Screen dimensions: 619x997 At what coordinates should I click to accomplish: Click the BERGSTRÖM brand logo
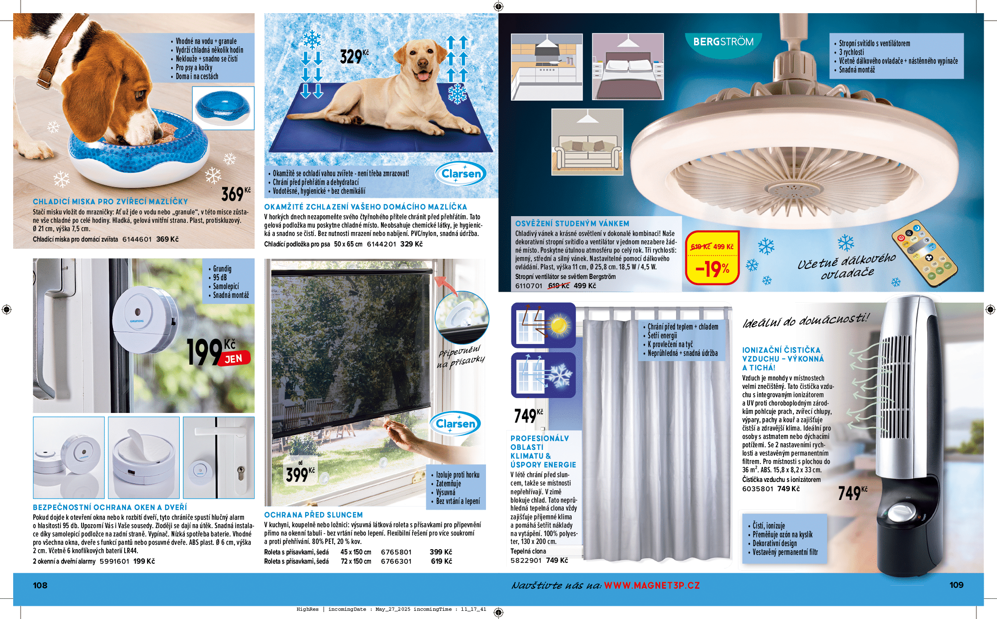(723, 42)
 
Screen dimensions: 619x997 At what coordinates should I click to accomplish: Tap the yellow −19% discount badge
(712, 269)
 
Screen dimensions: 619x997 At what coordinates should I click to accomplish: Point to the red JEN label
(234, 359)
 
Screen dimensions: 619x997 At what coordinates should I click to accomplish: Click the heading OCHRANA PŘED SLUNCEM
(313, 515)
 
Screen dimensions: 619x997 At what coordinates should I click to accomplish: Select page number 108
(40, 585)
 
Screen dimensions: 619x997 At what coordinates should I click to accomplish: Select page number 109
(956, 585)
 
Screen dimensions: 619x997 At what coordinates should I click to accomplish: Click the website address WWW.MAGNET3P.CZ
(651, 586)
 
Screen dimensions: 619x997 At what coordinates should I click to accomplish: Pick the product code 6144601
(137, 239)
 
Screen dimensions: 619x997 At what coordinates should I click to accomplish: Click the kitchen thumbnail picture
(547, 67)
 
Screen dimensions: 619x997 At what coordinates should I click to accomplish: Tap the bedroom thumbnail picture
(628, 67)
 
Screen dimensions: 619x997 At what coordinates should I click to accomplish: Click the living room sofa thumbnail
(587, 142)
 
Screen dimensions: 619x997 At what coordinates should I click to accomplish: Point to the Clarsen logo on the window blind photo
(455, 424)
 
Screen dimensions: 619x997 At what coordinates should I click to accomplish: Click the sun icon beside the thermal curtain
(558, 326)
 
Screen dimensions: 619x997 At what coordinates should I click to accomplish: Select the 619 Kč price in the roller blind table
(441, 561)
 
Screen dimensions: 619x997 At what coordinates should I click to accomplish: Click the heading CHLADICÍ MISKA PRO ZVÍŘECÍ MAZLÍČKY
(110, 202)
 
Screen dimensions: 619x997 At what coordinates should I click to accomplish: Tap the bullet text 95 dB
(220, 278)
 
